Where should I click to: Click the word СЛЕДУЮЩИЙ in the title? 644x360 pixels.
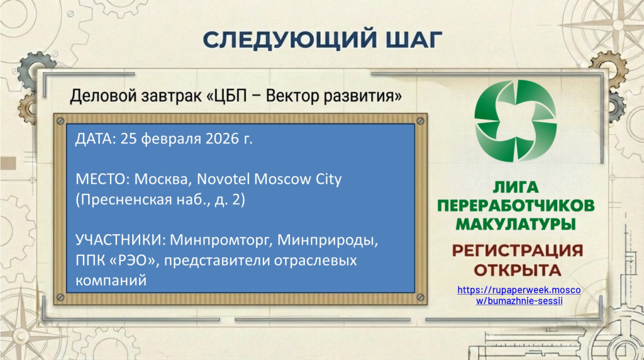coord(289,39)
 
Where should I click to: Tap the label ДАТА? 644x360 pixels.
coord(96,139)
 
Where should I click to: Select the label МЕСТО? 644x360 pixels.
coord(103,179)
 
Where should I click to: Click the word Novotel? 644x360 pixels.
coord(223,179)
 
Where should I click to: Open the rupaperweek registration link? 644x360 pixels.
coord(519,295)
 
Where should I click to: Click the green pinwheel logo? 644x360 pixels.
coord(516,120)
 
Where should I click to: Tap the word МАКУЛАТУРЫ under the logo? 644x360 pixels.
coord(516,225)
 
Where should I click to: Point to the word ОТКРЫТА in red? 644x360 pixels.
coord(518,270)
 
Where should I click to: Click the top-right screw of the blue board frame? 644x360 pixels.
coord(420,121)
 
